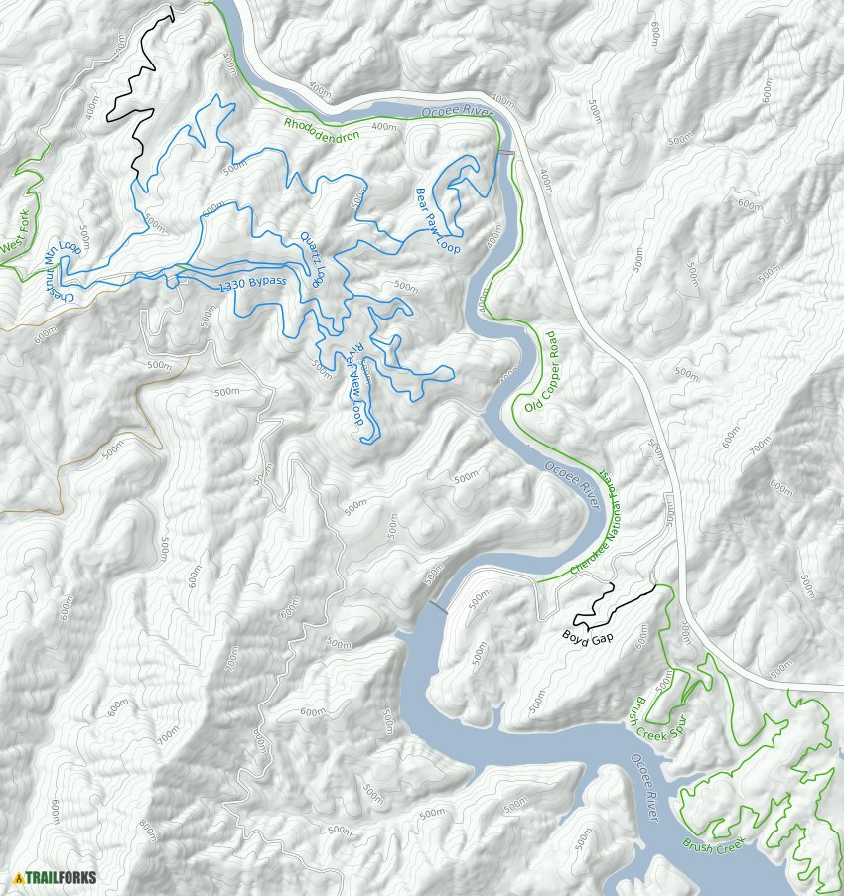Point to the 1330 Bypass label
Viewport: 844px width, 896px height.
[x=251, y=285]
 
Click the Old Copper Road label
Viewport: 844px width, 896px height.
[x=542, y=379]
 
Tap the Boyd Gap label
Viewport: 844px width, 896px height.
[x=589, y=637]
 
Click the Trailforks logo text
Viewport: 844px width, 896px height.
[x=62, y=877]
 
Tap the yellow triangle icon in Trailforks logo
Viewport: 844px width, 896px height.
[x=19, y=877]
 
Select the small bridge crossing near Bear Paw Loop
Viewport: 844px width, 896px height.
[x=506, y=152]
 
